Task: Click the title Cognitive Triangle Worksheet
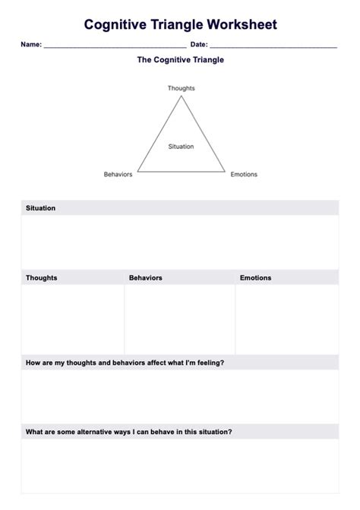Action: (180, 25)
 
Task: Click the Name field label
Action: (30, 45)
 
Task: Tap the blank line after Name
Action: (114, 46)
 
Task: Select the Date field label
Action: (198, 45)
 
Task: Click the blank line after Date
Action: (273, 46)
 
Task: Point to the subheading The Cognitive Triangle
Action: (180, 60)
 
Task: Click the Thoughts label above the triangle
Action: (181, 88)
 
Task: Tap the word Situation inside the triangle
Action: (181, 147)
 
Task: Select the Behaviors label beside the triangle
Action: (118, 175)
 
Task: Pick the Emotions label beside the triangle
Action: (244, 175)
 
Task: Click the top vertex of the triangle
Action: (181, 97)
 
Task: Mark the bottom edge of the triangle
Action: (181, 171)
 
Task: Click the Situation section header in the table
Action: (40, 208)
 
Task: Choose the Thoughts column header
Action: (41, 278)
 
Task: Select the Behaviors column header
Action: (145, 278)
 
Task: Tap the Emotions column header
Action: (255, 278)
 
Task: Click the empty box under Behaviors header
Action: (179, 319)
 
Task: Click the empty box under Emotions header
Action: (287, 319)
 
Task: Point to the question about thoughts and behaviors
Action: (125, 363)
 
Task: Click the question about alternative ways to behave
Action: (128, 432)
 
